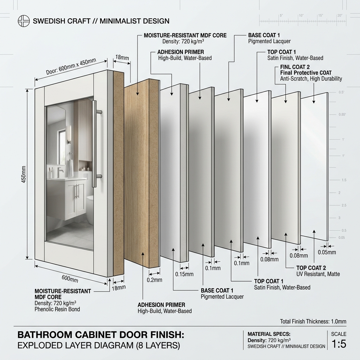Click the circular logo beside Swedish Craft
24,21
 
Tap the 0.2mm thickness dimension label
155,280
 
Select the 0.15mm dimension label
184,274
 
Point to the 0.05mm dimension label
327,252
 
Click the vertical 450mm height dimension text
24,174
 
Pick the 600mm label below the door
70,279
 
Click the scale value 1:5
339,344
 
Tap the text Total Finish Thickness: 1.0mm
313,321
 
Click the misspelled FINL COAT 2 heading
295,67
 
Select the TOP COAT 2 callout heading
311,268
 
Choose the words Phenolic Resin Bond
57,309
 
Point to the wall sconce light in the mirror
69,135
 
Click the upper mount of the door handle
98,112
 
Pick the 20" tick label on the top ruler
340,15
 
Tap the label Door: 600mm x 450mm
71,66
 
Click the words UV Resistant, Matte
318,274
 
